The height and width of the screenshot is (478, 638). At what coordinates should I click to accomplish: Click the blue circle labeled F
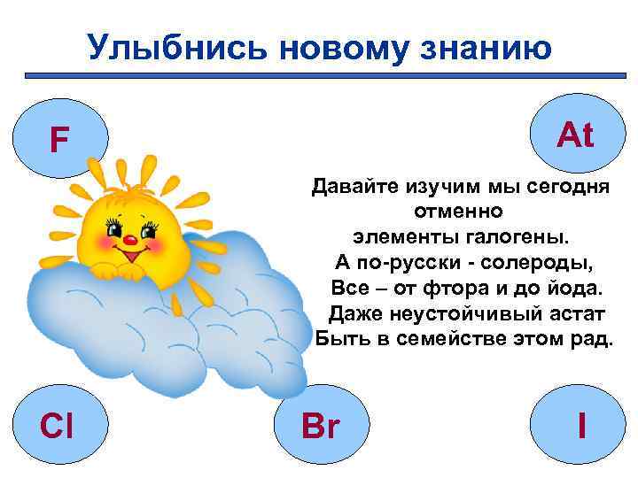(59, 139)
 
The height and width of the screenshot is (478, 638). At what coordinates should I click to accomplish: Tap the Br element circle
(320, 427)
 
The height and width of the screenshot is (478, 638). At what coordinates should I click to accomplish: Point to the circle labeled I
(580, 427)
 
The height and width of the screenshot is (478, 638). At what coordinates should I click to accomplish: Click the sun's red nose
(128, 239)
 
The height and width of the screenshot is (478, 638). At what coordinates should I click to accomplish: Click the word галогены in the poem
(520, 236)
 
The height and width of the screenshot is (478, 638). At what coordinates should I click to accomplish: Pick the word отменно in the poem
(458, 212)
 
